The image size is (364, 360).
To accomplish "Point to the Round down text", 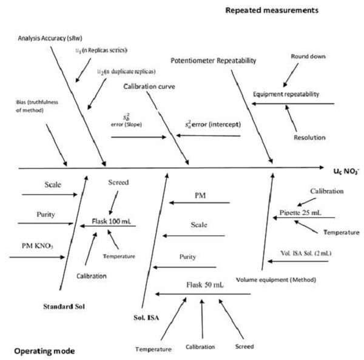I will (309, 56).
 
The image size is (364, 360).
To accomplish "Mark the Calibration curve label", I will (149, 87).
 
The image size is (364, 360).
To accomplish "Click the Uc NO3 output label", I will (349, 171).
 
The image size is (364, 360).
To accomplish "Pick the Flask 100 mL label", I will (112, 222).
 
